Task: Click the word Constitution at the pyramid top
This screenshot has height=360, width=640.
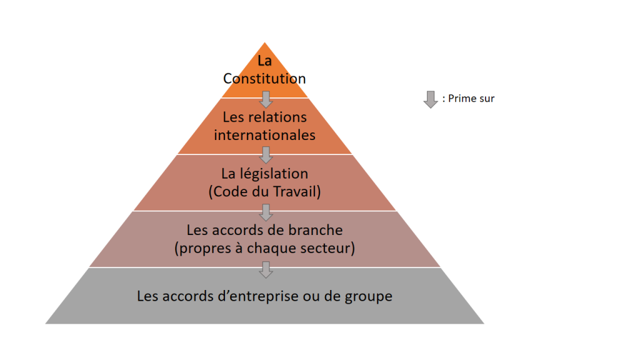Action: (264, 78)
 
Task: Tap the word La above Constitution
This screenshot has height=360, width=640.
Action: (264, 61)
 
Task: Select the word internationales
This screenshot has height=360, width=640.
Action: (264, 135)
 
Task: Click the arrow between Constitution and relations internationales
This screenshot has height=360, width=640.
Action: (266, 99)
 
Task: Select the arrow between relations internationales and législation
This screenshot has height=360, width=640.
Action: (266, 155)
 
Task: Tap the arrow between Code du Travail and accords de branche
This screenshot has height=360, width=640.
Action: (266, 212)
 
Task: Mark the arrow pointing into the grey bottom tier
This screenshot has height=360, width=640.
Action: (266, 270)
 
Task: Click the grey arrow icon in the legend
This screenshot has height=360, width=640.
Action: (430, 99)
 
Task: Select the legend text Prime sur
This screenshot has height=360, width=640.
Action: (471, 99)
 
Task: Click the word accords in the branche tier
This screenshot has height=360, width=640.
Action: (231, 230)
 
